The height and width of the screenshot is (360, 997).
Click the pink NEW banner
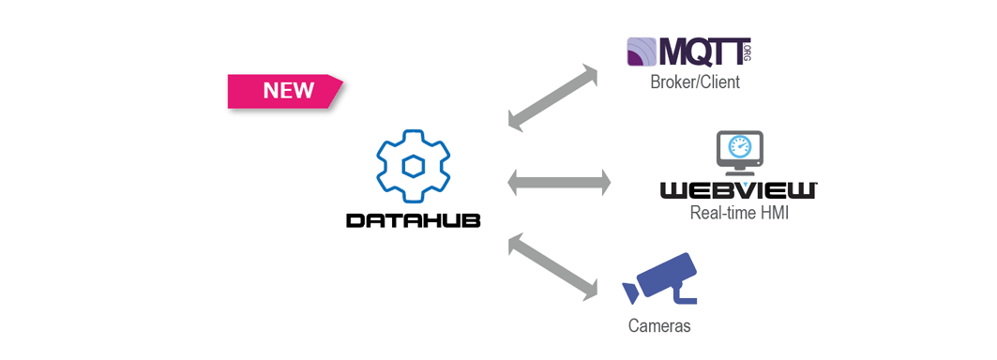click(x=285, y=91)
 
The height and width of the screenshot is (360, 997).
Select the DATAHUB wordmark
click(x=413, y=220)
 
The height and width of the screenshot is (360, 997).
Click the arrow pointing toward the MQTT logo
click(x=553, y=97)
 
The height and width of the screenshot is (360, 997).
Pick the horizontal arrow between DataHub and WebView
click(x=559, y=183)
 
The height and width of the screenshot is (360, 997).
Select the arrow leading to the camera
click(x=552, y=268)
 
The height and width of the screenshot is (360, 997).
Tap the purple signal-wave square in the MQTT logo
click(x=642, y=52)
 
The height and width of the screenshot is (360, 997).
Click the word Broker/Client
click(x=694, y=82)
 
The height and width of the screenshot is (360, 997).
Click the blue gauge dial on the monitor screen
click(x=739, y=147)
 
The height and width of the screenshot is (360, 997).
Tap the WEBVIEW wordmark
click(x=738, y=191)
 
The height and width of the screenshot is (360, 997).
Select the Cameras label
click(x=658, y=326)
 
